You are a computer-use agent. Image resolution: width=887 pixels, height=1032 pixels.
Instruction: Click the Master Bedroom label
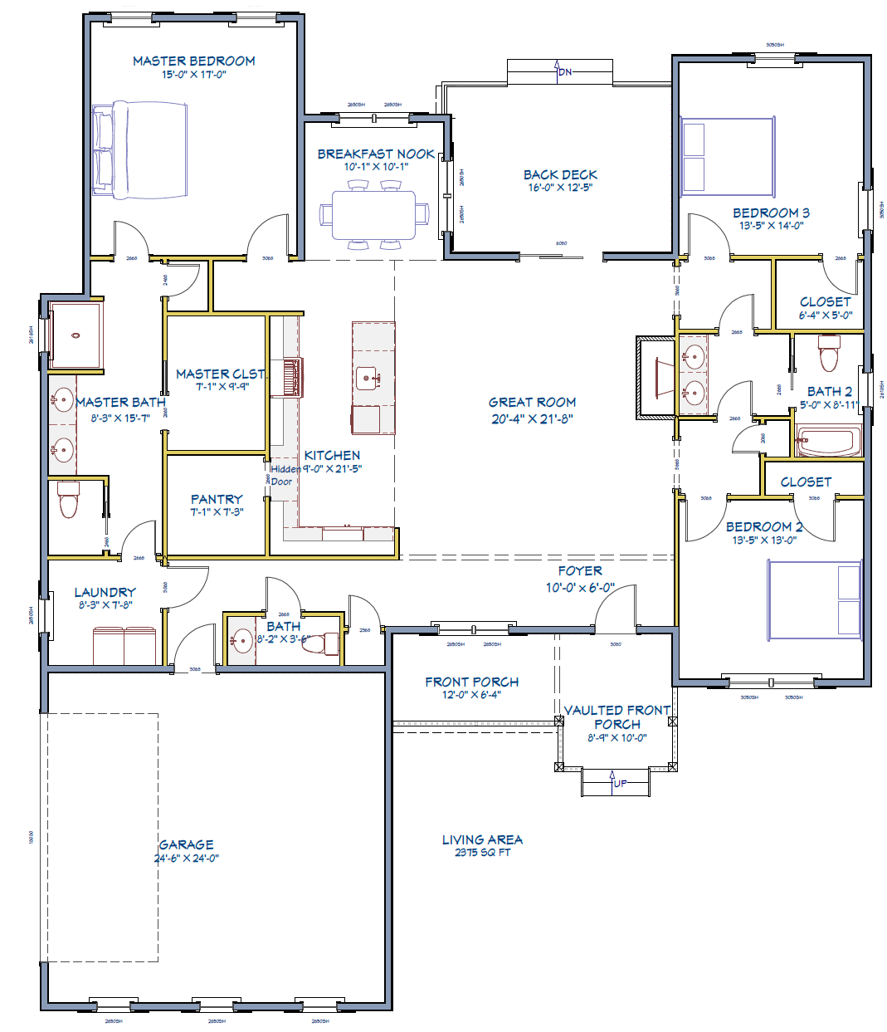[x=193, y=61]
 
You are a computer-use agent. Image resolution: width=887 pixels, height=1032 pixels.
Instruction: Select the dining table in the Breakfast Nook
[x=373, y=214]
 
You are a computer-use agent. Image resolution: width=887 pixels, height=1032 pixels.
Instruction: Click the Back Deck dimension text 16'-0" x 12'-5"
[x=560, y=188]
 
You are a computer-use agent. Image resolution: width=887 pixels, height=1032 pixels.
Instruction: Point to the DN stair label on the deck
[x=565, y=72]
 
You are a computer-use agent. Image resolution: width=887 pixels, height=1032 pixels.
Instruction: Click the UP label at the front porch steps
[x=620, y=783]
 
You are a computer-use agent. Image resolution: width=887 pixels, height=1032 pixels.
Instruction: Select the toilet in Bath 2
[x=829, y=353]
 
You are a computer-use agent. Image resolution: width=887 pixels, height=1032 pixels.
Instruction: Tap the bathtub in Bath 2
[x=829, y=440]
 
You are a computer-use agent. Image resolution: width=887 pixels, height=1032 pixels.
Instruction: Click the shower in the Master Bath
[x=76, y=335]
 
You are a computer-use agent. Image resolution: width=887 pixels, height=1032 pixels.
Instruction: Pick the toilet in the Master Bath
[x=68, y=500]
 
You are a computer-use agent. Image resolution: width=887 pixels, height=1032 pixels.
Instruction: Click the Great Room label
[x=532, y=402]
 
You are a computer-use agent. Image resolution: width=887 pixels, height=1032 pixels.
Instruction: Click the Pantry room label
[x=217, y=499]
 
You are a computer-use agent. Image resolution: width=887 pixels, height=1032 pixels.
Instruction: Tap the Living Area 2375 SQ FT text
[x=482, y=846]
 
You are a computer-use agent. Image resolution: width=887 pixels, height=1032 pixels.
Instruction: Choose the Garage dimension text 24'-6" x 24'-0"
[x=186, y=858]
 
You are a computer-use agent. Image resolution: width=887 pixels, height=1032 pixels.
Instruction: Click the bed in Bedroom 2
[x=814, y=600]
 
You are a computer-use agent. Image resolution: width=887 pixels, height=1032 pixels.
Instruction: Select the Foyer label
[x=580, y=571]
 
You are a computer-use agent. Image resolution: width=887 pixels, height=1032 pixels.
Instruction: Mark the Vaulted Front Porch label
[x=617, y=717]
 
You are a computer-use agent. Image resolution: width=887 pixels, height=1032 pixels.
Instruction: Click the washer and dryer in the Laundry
[x=124, y=646]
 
